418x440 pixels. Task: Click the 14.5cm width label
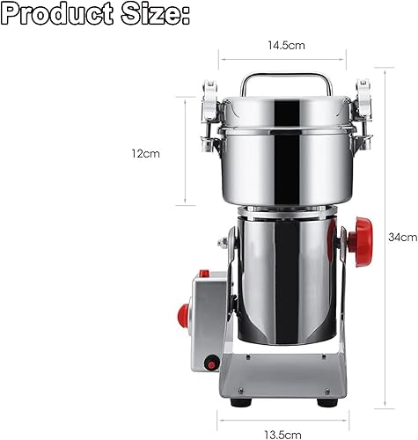click(x=286, y=45)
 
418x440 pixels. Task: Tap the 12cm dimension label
click(x=145, y=153)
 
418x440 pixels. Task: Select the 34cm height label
click(x=402, y=237)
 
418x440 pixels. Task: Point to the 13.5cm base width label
click(x=282, y=434)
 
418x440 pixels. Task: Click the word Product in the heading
click(x=57, y=13)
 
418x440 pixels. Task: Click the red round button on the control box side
click(x=183, y=316)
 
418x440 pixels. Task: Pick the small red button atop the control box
click(x=204, y=274)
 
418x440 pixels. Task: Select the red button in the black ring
click(x=211, y=365)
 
